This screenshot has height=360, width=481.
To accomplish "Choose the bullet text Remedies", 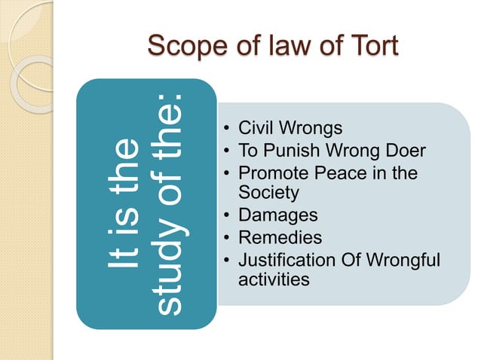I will (x=280, y=238).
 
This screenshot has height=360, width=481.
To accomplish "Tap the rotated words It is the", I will (x=123, y=203).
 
